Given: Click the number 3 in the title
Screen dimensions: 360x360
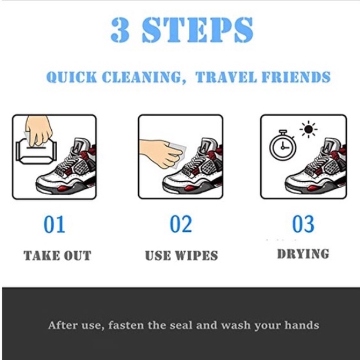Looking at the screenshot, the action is pyautogui.click(x=120, y=30).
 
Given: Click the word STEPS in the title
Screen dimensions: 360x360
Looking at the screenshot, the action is pyautogui.click(x=198, y=30).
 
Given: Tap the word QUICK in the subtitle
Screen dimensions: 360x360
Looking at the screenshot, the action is pyautogui.click(x=72, y=77).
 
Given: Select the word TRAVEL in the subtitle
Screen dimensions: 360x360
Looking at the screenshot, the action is pyautogui.click(x=226, y=77).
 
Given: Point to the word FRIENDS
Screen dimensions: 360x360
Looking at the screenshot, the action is pyautogui.click(x=296, y=77).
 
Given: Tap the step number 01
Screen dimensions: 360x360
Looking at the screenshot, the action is pyautogui.click(x=55, y=224).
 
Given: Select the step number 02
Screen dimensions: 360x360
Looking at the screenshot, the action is pyautogui.click(x=181, y=224).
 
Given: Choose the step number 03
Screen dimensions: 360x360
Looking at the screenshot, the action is pyautogui.click(x=303, y=224).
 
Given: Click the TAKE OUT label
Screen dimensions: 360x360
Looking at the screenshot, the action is pyautogui.click(x=58, y=255).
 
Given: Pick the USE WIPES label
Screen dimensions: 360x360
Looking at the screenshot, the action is pyautogui.click(x=181, y=255).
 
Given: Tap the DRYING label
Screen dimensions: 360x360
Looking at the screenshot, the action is pyautogui.click(x=303, y=254).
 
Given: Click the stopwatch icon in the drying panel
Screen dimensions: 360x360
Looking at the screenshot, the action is pyautogui.click(x=282, y=145).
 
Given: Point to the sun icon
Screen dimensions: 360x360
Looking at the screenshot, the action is pyautogui.click(x=309, y=129).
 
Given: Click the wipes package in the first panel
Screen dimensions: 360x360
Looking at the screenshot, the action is pyautogui.click(x=36, y=151).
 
